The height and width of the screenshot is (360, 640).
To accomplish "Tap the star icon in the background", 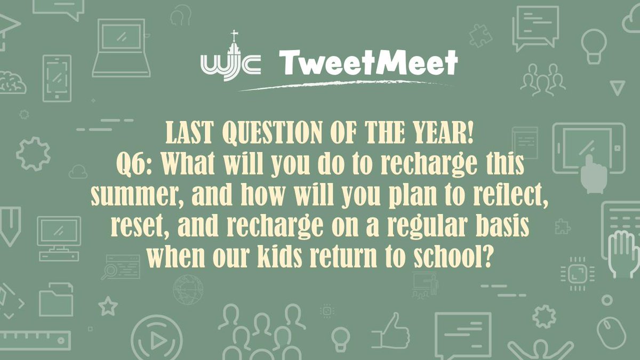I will click(108, 306).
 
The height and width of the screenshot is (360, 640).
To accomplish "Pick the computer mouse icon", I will click(612, 331).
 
